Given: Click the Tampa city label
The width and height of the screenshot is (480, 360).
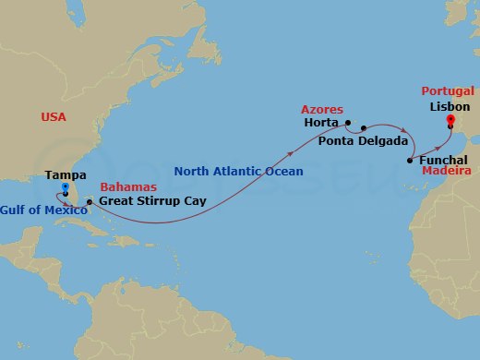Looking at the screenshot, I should point(66,174).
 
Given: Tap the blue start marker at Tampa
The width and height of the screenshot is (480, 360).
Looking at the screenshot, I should point(65,187).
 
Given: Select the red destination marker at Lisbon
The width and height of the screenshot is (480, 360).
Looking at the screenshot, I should point(450,120).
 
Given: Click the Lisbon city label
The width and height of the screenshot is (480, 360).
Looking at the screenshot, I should point(450,107).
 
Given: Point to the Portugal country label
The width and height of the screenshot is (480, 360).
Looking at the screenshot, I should point(448,91).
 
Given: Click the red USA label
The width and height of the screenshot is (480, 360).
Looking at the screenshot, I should point(54,117).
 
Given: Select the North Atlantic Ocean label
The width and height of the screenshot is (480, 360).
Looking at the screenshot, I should point(238,171).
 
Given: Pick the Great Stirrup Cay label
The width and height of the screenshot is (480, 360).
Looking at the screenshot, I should point(152,200).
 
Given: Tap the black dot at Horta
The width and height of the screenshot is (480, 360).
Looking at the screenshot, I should point(348,122).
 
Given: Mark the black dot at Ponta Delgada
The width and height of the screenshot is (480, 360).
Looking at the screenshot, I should point(364,128).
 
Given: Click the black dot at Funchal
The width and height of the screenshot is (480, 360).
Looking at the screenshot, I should point(409,161).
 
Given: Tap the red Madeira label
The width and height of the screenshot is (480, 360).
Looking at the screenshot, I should point(447,172).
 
